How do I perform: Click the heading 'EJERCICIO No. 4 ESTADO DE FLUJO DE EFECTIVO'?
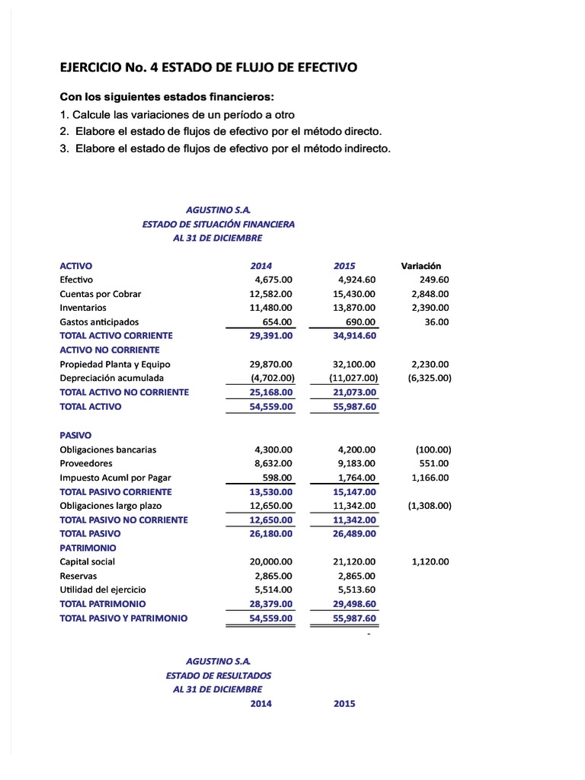click(208, 68)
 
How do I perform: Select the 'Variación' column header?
click(420, 266)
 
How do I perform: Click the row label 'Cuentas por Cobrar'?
click(101, 294)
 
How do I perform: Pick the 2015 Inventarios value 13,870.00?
click(356, 308)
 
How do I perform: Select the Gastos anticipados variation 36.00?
click(437, 322)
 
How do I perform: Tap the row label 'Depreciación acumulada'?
click(112, 378)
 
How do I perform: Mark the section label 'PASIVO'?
click(75, 435)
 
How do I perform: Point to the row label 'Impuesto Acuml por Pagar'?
click(116, 478)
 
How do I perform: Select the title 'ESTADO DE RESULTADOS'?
click(218, 676)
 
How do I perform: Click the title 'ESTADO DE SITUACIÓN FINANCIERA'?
click(218, 224)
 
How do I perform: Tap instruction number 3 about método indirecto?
click(225, 149)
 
